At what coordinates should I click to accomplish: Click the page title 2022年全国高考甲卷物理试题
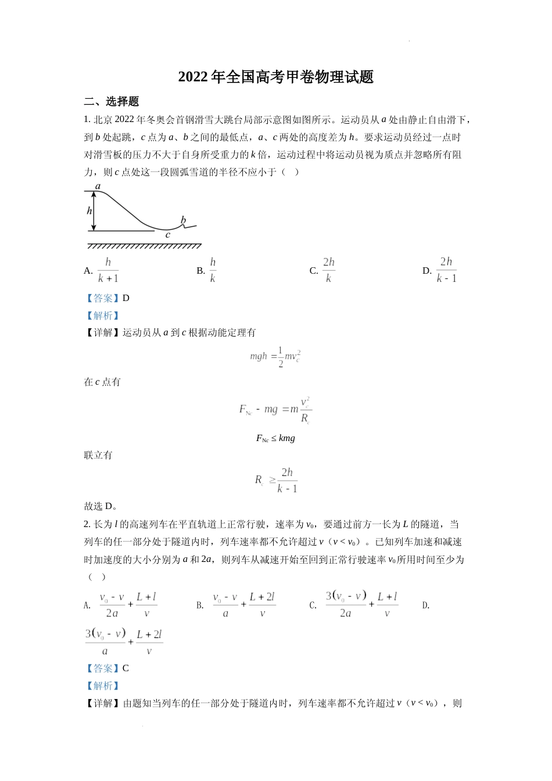(275, 77)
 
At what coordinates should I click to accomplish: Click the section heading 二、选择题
(112, 102)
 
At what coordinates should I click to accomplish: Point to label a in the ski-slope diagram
(98, 187)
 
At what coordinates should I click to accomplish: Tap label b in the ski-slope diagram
(183, 220)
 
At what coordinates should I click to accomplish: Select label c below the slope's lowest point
(168, 235)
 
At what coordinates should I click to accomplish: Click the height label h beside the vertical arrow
(89, 210)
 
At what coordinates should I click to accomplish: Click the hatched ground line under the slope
(144, 246)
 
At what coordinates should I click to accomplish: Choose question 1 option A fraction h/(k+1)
(108, 270)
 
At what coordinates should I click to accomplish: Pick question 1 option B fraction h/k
(213, 270)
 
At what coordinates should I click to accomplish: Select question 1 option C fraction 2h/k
(328, 270)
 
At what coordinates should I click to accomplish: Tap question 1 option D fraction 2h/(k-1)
(446, 270)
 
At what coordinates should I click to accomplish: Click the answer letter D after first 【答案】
(126, 298)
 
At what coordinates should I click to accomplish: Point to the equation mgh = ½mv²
(275, 356)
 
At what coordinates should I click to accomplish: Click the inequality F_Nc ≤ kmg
(275, 438)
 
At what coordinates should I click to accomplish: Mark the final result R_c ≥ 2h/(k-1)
(277, 481)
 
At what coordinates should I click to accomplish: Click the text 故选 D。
(101, 506)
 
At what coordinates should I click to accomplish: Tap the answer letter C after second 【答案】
(126, 668)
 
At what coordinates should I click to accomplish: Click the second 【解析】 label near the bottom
(103, 686)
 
